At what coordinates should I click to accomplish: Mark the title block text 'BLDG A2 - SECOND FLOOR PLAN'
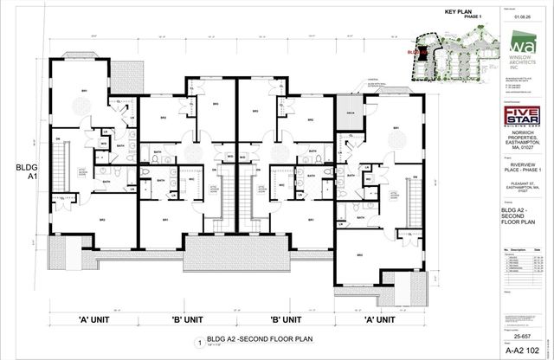click(x=520, y=213)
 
